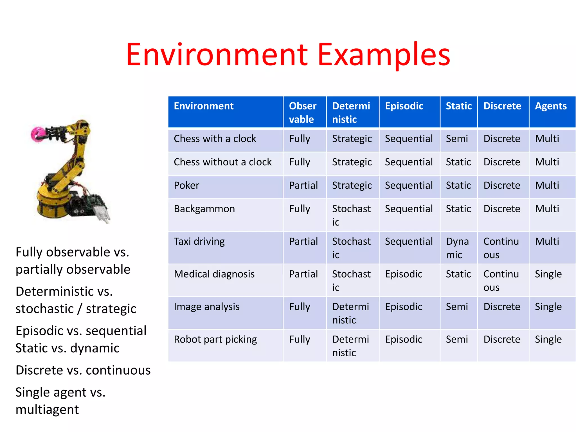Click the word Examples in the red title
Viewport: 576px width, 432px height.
(x=384, y=55)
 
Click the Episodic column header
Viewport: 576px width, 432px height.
(x=404, y=106)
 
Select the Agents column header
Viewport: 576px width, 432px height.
(x=551, y=106)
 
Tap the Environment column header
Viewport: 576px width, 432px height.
(x=204, y=106)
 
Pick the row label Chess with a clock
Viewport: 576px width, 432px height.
(x=215, y=139)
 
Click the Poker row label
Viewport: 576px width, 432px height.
(x=186, y=185)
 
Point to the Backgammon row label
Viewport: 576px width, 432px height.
(x=204, y=209)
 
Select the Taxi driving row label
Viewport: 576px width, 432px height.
(x=199, y=241)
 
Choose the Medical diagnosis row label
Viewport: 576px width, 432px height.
(x=214, y=274)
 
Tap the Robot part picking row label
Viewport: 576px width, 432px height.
(x=215, y=339)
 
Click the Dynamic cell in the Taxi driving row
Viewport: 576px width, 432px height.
(x=457, y=248)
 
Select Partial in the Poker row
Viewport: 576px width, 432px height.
(x=303, y=185)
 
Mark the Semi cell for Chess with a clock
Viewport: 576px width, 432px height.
(x=457, y=139)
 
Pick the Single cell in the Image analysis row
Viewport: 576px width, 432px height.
(x=548, y=307)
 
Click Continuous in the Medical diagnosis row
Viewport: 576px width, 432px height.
(x=501, y=280)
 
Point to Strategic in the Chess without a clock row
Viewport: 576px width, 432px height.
(x=352, y=162)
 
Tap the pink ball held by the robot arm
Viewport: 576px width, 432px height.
(x=37, y=134)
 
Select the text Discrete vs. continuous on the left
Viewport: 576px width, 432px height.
(x=83, y=370)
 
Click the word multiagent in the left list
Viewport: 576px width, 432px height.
(x=47, y=409)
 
